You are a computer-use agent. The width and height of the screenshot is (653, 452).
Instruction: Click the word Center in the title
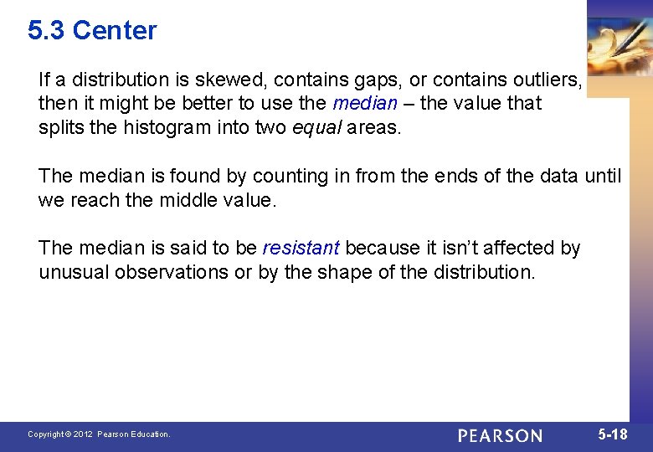click(115, 31)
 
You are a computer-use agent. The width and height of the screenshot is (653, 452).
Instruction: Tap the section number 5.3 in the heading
click(47, 31)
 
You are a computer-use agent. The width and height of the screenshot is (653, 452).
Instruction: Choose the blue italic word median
click(364, 104)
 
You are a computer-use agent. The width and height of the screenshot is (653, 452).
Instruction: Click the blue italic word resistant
click(301, 248)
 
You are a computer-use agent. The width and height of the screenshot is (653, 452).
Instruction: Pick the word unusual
click(74, 272)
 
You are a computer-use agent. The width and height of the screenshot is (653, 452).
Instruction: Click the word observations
click(172, 272)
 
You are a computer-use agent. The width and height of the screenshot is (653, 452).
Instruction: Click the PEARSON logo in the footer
click(500, 435)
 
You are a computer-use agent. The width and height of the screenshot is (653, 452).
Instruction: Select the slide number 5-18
click(613, 434)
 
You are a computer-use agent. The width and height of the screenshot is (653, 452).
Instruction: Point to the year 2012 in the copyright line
click(83, 434)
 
